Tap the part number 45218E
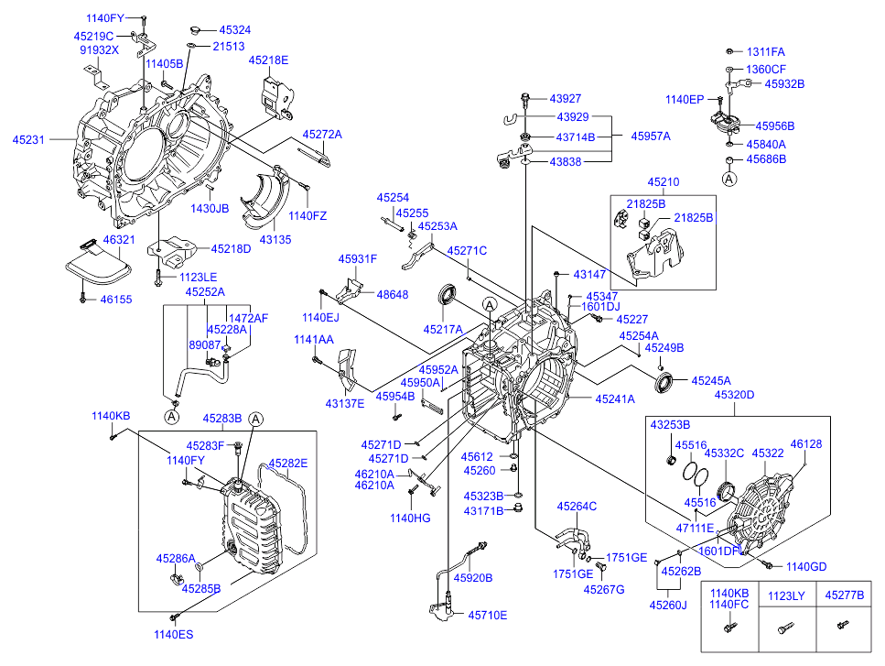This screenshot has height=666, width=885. [268, 60]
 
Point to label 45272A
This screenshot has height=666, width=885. [321, 134]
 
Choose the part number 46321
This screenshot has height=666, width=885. [119, 240]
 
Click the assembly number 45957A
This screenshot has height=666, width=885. [651, 136]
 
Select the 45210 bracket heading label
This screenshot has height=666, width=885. [664, 182]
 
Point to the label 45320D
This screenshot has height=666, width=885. [735, 396]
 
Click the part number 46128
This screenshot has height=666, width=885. [805, 443]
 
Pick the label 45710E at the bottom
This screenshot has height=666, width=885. [487, 615]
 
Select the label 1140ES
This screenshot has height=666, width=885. [173, 633]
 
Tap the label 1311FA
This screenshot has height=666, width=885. [765, 52]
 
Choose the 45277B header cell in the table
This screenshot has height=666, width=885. [844, 595]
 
